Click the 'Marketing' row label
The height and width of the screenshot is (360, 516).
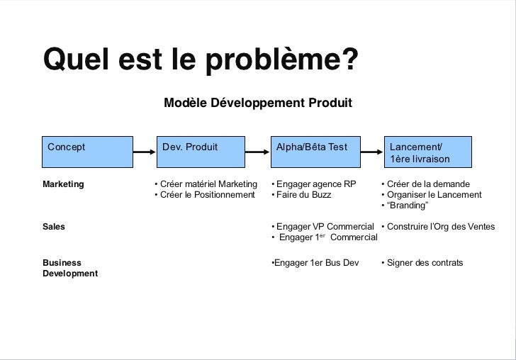(x=63, y=184)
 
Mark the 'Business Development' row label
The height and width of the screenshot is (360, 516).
(x=70, y=268)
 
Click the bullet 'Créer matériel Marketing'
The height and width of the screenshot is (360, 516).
(x=206, y=184)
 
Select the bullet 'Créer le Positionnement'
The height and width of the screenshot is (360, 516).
(x=204, y=195)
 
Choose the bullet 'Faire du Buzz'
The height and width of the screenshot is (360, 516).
(x=303, y=195)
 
